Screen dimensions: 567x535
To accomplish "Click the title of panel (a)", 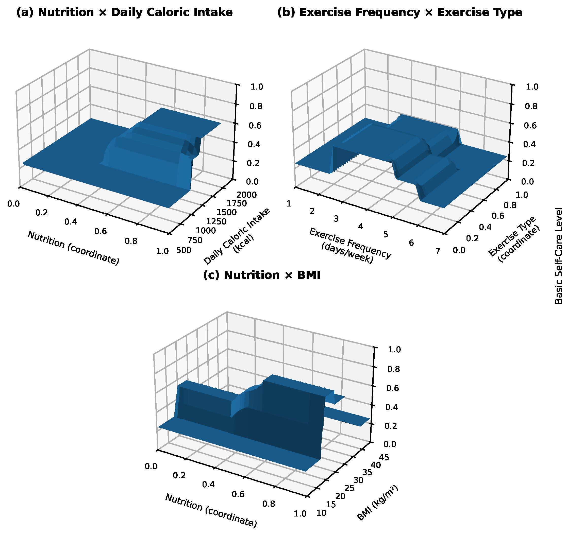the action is click(124, 12).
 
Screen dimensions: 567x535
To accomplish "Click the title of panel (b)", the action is click(400, 12).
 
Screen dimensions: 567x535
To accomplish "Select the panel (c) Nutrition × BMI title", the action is click(262, 275).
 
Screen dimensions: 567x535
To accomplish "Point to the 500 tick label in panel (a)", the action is click(184, 250).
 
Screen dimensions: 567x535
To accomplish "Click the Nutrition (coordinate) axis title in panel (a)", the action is click(73, 248).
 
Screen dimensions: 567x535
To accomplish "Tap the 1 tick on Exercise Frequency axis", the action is click(289, 204).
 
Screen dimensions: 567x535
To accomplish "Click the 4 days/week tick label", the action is click(361, 227).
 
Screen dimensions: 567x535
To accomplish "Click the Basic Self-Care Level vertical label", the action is click(559, 256).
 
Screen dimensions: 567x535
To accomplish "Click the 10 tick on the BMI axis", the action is click(321, 513).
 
